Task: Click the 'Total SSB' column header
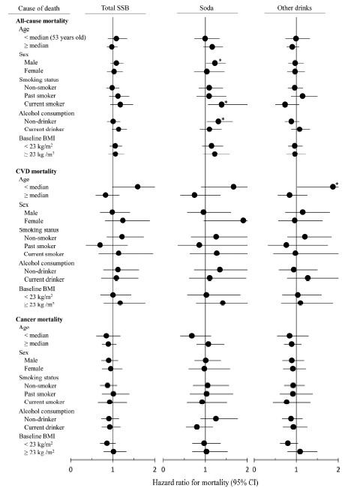[x=115, y=8]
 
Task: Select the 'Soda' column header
[x=206, y=8]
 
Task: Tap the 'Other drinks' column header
[x=294, y=8]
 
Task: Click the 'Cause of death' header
[x=38, y=8]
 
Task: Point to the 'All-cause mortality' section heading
[x=42, y=21]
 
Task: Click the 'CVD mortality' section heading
[x=36, y=171]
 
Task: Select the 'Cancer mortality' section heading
[x=39, y=319]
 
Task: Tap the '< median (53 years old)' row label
[x=55, y=37]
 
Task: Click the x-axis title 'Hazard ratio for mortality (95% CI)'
[x=205, y=483]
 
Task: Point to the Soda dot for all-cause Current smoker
[x=221, y=105]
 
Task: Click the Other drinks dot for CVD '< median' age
[x=333, y=187]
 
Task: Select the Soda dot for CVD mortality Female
[x=243, y=220]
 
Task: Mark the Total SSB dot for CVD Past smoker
[x=100, y=245]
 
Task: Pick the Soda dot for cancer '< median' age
[x=192, y=336]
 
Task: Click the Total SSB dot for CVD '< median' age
[x=137, y=187]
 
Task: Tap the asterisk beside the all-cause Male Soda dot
[x=220, y=60]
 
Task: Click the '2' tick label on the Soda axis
[x=247, y=469]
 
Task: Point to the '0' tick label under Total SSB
[x=71, y=469]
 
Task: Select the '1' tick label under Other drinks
[x=296, y=469]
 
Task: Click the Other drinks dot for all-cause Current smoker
[x=285, y=105]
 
